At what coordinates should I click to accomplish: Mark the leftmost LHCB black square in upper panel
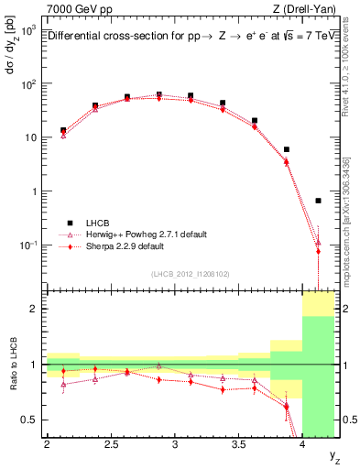click(x=63, y=130)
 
